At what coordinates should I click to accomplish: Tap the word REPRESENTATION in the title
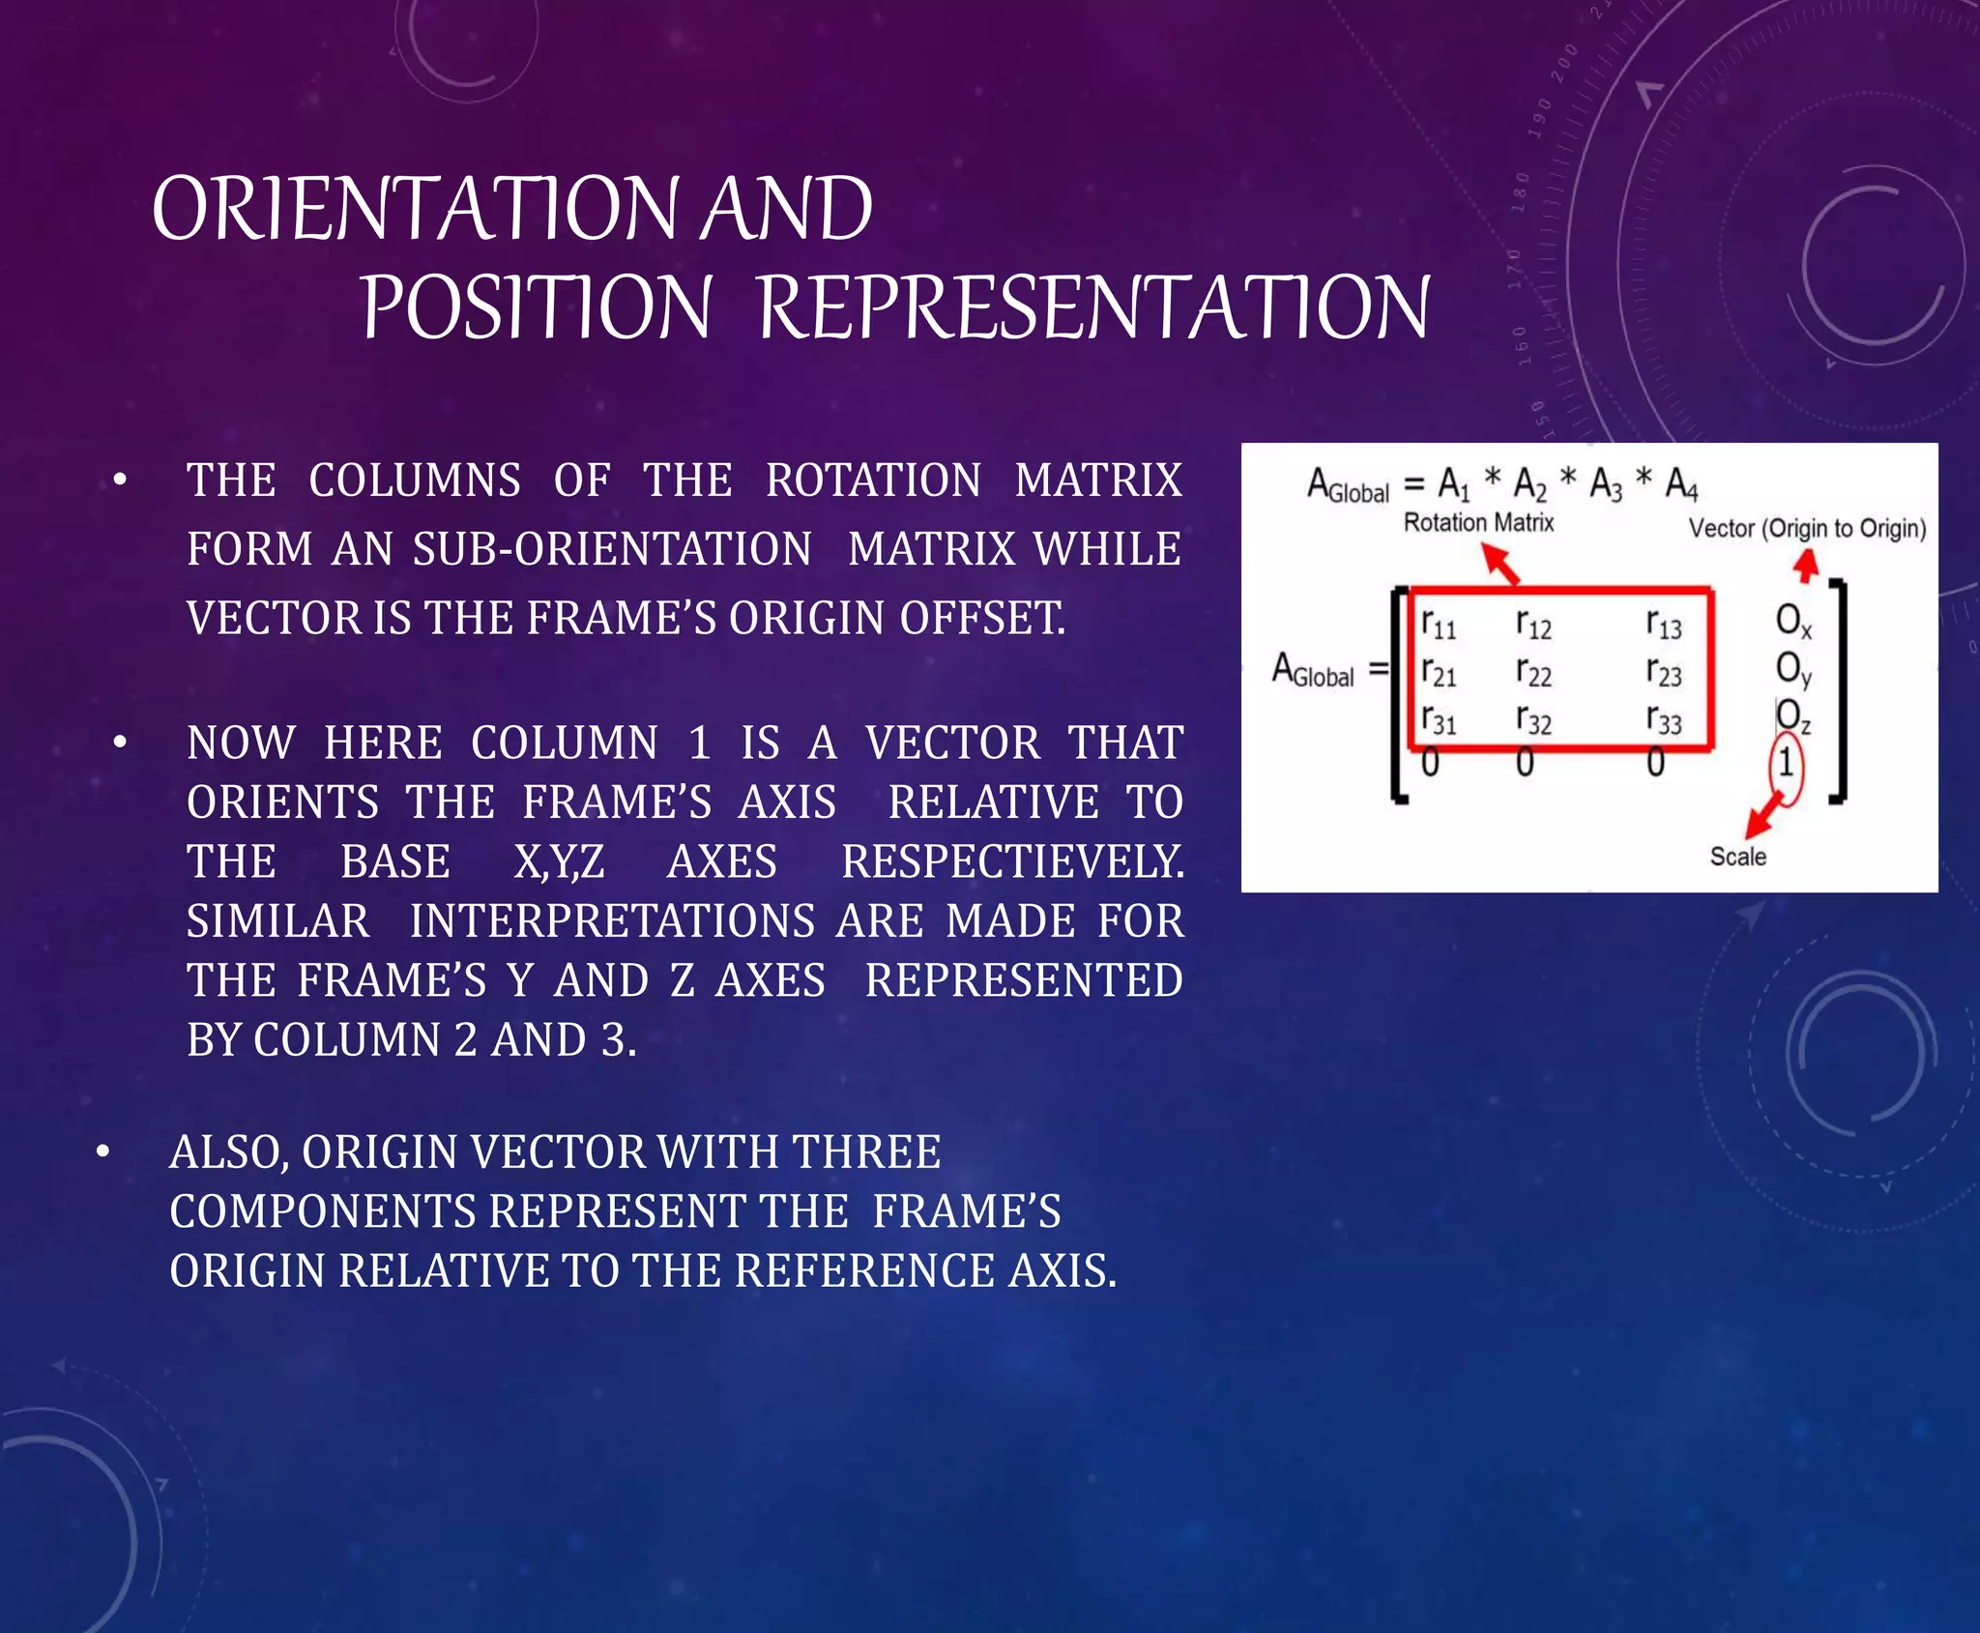1092,307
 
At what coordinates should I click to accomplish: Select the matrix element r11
1438,624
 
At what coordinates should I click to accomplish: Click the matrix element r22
1533,671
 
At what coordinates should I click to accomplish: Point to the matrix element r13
1664,624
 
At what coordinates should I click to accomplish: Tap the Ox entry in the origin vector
1793,621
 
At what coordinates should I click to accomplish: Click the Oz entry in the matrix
1793,715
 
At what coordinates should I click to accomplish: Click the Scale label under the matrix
1737,857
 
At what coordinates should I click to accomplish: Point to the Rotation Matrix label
1478,523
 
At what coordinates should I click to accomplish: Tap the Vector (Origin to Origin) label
1807,529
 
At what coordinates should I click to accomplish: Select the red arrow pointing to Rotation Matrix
1500,563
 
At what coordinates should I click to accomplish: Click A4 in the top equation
1681,482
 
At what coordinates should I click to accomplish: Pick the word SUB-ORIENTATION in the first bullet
612,549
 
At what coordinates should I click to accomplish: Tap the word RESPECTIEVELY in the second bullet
1012,861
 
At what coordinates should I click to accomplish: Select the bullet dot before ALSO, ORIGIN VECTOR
102,1152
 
